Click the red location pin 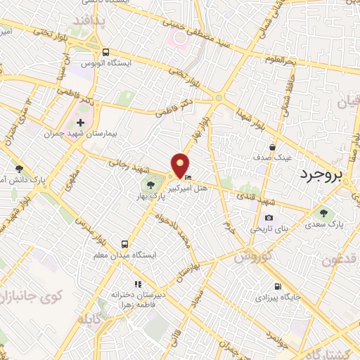pos(180,165)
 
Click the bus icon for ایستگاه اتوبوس pos(105,52)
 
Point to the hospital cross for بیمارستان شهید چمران pos(81,123)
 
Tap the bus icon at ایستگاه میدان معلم pos(124,245)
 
